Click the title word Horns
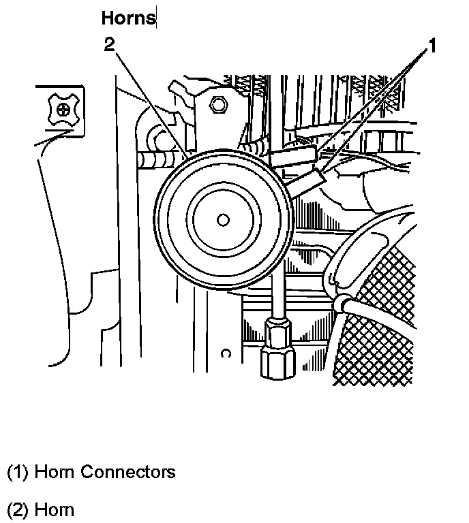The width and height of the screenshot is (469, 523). click(x=128, y=18)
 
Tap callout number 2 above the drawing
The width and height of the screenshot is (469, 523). click(x=110, y=45)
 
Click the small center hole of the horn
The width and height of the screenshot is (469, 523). click(x=222, y=219)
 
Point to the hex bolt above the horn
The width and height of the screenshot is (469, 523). click(x=218, y=105)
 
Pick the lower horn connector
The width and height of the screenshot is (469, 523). click(x=311, y=180)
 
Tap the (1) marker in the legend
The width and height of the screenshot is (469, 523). click(x=18, y=471)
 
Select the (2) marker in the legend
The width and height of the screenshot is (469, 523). click(x=18, y=509)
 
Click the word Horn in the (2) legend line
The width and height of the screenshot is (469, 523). click(x=54, y=509)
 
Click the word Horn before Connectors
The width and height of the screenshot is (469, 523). click(x=54, y=471)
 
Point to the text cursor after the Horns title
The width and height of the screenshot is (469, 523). click(x=157, y=18)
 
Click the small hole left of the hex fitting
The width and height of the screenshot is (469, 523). click(x=227, y=353)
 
